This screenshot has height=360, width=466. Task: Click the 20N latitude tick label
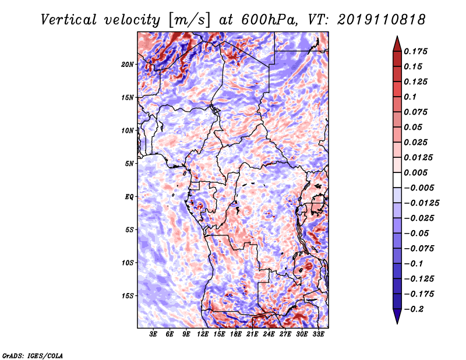[127, 65]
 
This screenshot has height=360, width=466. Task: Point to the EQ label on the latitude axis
[129, 197]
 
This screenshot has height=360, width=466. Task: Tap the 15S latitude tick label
[127, 296]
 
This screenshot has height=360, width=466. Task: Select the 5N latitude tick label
[129, 164]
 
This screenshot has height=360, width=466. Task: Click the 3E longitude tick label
[153, 334]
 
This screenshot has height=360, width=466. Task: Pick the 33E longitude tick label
[318, 334]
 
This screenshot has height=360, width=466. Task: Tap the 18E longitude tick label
[236, 334]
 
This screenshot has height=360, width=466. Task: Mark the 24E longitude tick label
[269, 334]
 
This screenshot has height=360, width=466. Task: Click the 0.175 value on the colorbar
[415, 51]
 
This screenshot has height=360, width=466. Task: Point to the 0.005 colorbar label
[415, 172]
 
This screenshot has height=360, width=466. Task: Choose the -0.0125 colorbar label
[421, 203]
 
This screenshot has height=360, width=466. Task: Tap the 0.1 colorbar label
[410, 97]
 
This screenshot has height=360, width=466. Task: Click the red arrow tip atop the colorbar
[397, 36]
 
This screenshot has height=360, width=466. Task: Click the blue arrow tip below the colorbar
[397, 323]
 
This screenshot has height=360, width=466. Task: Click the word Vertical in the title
[69, 20]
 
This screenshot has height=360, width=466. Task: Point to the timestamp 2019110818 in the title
[382, 20]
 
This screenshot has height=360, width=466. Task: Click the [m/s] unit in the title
[189, 20]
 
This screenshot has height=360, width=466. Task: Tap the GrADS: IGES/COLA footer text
[33, 355]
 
